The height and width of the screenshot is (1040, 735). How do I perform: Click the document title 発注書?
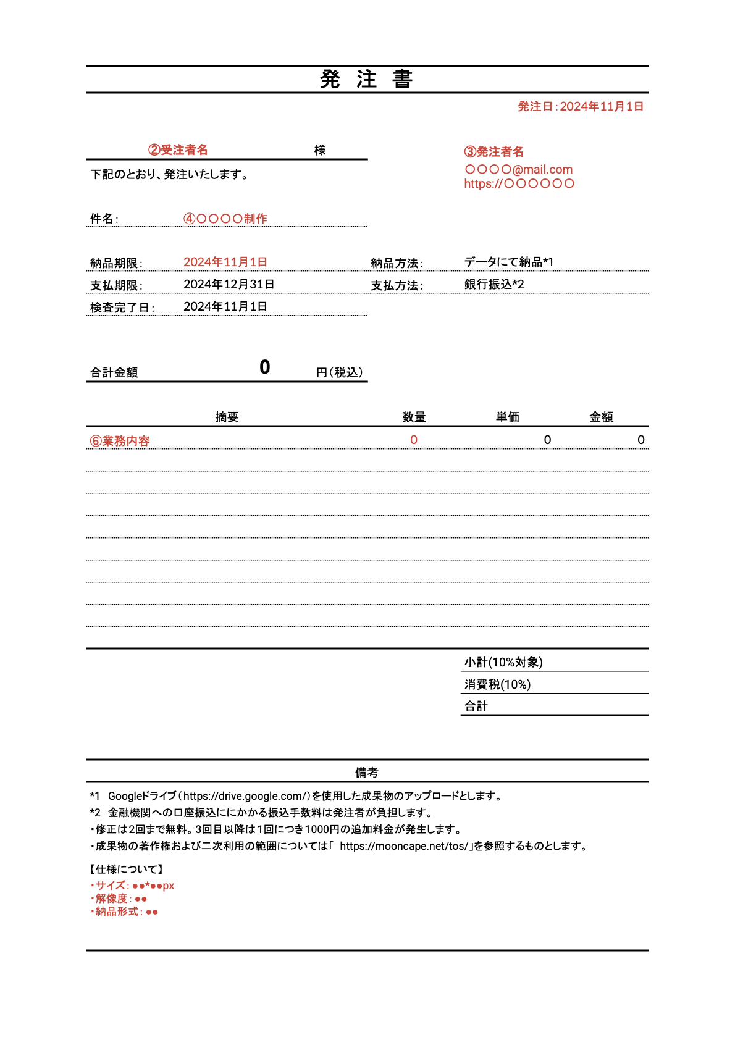click(x=366, y=80)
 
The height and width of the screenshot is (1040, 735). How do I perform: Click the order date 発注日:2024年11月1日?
click(x=580, y=107)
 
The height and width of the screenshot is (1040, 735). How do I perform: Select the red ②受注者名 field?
click(x=178, y=150)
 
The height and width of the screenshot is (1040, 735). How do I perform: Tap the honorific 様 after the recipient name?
click(x=320, y=150)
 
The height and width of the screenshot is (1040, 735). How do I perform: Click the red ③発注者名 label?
click(x=493, y=152)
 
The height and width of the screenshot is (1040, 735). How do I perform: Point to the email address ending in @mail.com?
click(x=518, y=169)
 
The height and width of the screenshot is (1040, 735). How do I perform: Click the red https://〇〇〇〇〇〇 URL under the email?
click(x=519, y=183)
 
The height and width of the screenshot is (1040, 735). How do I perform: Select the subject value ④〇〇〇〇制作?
click(x=225, y=219)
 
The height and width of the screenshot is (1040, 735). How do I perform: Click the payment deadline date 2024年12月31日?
click(x=229, y=284)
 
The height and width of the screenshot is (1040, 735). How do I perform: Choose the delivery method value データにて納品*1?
click(x=508, y=262)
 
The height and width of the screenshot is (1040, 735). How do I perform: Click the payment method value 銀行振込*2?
click(x=494, y=284)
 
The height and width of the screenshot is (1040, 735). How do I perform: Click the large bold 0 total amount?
click(x=265, y=367)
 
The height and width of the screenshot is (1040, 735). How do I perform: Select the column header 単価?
click(x=507, y=417)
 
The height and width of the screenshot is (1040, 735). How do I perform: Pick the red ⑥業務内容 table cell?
click(x=120, y=441)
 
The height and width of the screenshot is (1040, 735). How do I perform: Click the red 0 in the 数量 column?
click(x=414, y=440)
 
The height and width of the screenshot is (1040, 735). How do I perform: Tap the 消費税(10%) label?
click(x=497, y=684)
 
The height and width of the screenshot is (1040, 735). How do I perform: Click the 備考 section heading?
click(x=366, y=773)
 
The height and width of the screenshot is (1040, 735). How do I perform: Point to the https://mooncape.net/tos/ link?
click(x=404, y=846)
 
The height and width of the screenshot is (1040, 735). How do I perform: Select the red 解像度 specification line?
click(x=119, y=899)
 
